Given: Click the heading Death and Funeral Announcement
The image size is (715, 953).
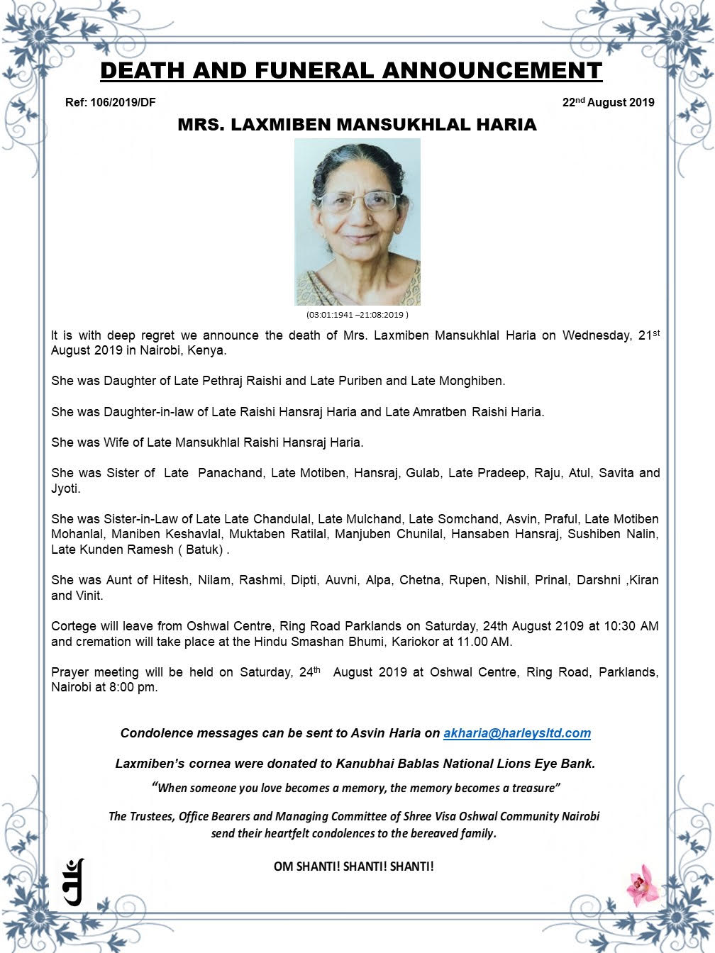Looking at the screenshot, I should (350, 71).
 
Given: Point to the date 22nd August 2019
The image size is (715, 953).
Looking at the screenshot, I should (608, 102).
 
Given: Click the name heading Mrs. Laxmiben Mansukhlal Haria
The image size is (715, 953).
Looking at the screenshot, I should (357, 126).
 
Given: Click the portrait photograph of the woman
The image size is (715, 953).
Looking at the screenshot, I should (357, 222).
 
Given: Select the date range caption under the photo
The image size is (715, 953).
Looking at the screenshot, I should (357, 314).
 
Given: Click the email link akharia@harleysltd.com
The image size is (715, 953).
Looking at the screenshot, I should (516, 733).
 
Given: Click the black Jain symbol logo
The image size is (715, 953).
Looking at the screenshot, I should (74, 881).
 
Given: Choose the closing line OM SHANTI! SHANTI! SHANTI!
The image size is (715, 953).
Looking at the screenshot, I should (353, 866).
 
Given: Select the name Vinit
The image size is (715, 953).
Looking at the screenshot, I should (89, 596).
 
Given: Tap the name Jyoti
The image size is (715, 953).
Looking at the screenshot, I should (65, 489).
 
